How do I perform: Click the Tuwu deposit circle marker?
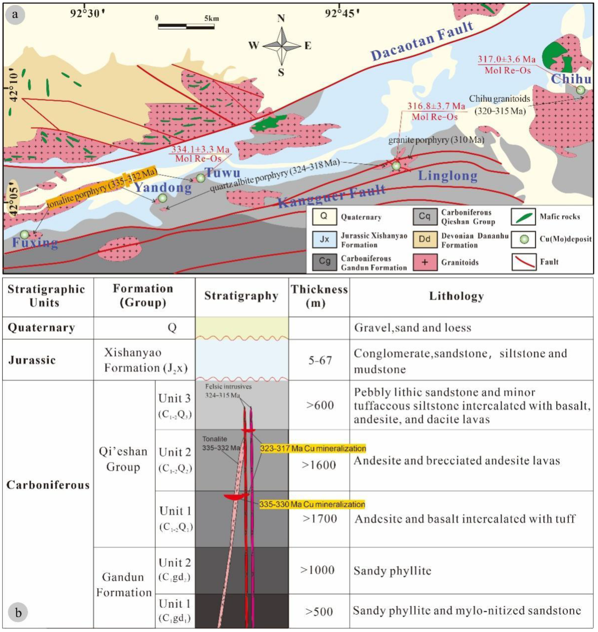(200, 178)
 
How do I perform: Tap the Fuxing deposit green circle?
(25, 235)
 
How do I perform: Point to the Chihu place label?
(571, 78)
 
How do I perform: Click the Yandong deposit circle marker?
(163, 198)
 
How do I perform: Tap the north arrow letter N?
(281, 18)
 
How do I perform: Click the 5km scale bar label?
(212, 18)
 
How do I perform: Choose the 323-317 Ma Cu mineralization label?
(313, 449)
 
